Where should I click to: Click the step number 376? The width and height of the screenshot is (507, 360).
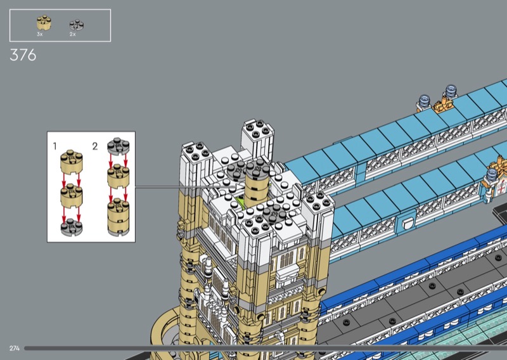(23, 55)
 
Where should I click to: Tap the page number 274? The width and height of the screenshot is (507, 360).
(15, 349)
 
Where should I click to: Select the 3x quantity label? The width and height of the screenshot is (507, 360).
(40, 34)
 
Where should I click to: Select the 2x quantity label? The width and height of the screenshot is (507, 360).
(72, 34)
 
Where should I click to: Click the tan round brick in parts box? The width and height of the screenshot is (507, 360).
(44, 23)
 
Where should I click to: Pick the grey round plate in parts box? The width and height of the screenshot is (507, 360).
(77, 25)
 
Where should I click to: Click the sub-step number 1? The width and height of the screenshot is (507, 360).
(55, 146)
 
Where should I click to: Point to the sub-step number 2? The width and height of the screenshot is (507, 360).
(94, 146)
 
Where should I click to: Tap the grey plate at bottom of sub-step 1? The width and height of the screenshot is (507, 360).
(72, 228)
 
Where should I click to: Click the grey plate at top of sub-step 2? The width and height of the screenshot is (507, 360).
(119, 146)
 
